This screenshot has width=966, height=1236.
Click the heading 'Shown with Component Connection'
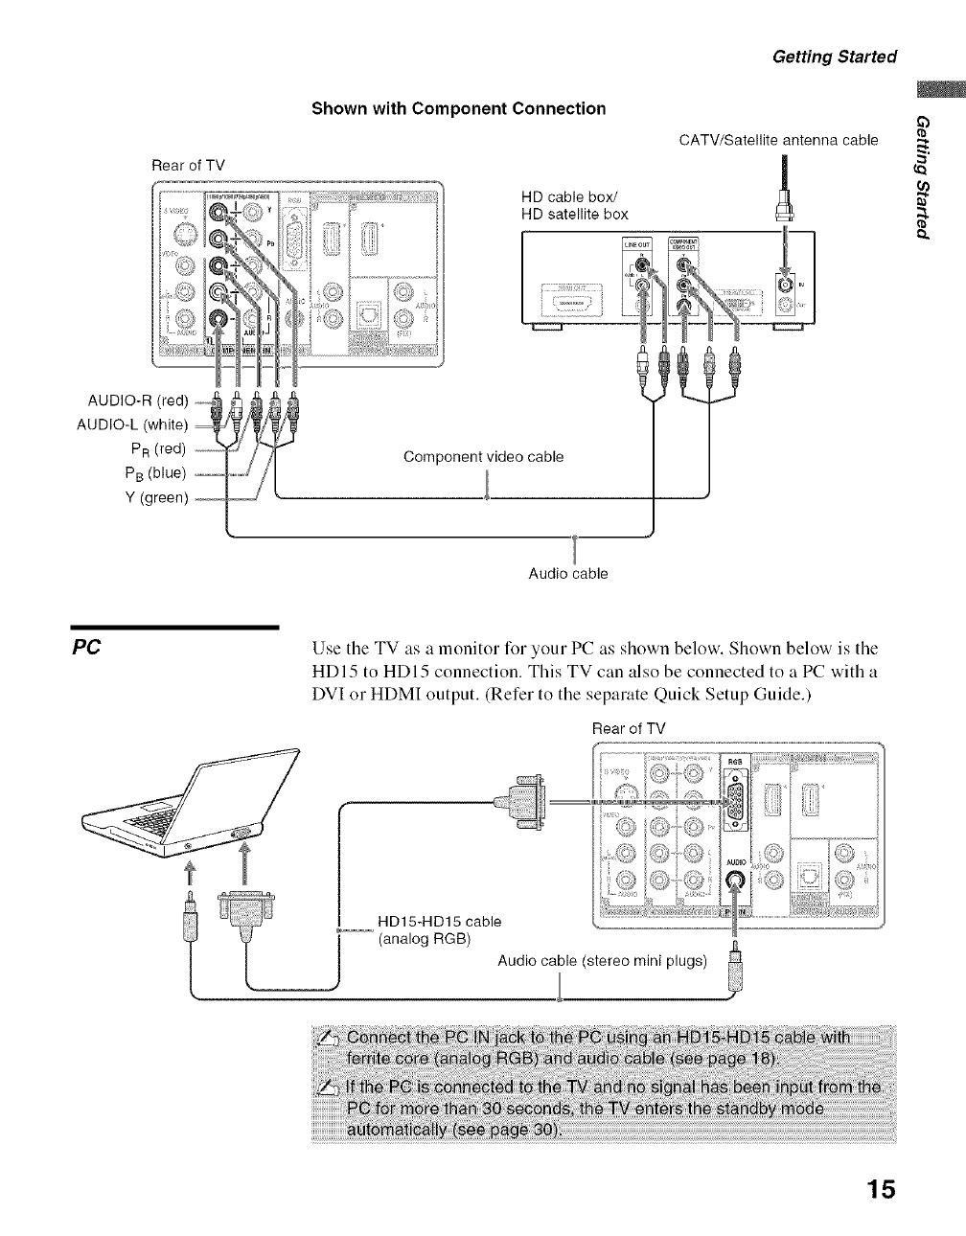(459, 108)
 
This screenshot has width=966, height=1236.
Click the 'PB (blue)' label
(155, 472)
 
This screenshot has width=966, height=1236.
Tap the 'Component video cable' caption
(483, 457)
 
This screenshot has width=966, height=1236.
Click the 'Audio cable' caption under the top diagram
(568, 574)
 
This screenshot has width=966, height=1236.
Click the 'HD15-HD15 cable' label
(440, 921)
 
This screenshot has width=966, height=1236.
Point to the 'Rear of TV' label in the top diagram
(188, 165)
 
